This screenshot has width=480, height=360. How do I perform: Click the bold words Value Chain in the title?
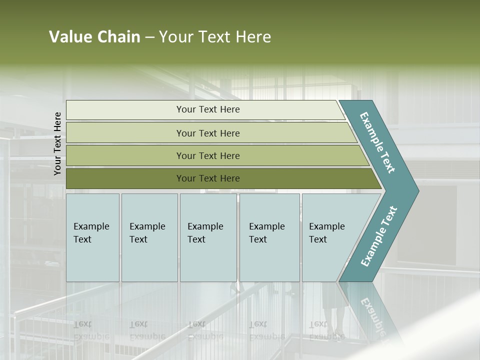point(94,37)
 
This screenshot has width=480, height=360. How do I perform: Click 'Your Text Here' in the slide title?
point(215,37)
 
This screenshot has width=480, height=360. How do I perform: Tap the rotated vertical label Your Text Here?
point(57,143)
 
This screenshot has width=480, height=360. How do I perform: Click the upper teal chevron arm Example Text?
point(377,142)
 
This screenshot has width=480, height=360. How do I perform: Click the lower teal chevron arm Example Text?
point(379,236)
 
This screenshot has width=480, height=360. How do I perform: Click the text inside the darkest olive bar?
point(208,178)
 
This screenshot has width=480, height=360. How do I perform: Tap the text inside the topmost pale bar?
point(208,109)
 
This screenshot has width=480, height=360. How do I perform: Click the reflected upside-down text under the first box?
point(91,330)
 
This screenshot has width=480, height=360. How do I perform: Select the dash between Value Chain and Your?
point(149,37)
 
